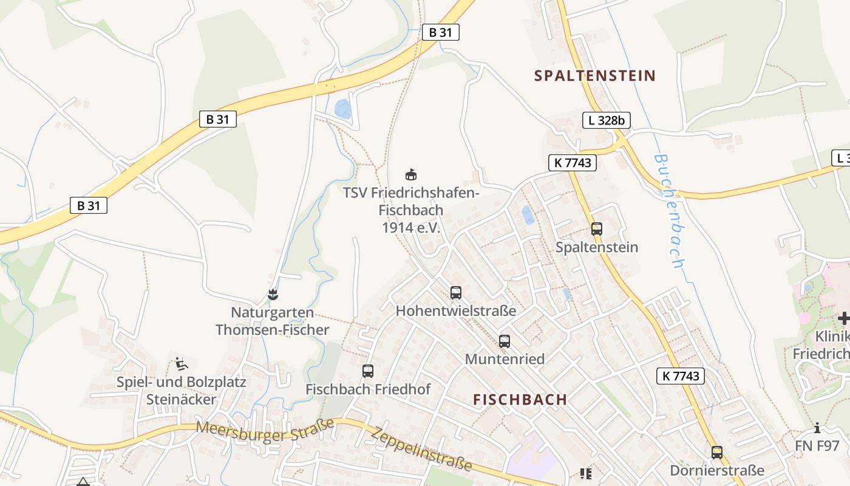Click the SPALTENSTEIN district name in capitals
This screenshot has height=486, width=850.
pyautogui.click(x=595, y=76)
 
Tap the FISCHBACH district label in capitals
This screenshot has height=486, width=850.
pyautogui.click(x=520, y=400)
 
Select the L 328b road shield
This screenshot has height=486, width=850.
pyautogui.click(x=606, y=120)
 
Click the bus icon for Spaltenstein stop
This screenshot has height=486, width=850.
pyautogui.click(x=597, y=229)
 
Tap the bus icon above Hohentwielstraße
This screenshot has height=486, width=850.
pyautogui.click(x=456, y=293)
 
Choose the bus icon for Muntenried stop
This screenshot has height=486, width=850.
pyautogui.click(x=505, y=341)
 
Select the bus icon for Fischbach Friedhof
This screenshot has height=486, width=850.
pyautogui.click(x=367, y=371)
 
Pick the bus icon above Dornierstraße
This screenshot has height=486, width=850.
pyautogui.click(x=717, y=453)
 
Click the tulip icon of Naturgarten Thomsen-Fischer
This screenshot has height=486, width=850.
pyautogui.click(x=273, y=295)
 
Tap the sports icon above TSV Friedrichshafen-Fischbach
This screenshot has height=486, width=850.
pyautogui.click(x=411, y=175)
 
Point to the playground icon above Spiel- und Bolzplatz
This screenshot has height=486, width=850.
pyautogui.click(x=181, y=364)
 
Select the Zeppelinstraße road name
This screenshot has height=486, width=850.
pyautogui.click(x=421, y=450)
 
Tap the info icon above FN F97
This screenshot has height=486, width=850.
pyautogui.click(x=817, y=428)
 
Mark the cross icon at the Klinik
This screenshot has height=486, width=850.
pyautogui.click(x=843, y=318)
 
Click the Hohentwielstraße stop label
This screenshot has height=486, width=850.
pyautogui.click(x=456, y=311)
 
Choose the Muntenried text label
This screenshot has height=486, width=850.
pyautogui.click(x=505, y=359)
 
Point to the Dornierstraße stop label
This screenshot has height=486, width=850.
pyautogui.click(x=717, y=471)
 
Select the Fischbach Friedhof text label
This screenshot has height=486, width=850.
pyautogui.click(x=367, y=389)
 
